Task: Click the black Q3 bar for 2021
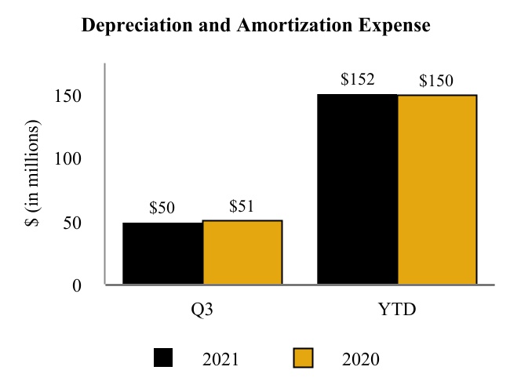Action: [162, 253]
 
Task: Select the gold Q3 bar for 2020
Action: [242, 252]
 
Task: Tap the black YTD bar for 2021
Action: [357, 189]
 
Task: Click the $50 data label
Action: [162, 209]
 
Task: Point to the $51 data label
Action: [242, 207]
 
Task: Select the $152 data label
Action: [357, 79]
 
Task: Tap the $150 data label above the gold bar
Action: [436, 81]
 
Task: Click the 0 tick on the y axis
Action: [77, 285]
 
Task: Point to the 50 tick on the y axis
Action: [72, 223]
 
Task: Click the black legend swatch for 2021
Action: [163, 359]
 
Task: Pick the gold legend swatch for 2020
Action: [303, 359]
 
